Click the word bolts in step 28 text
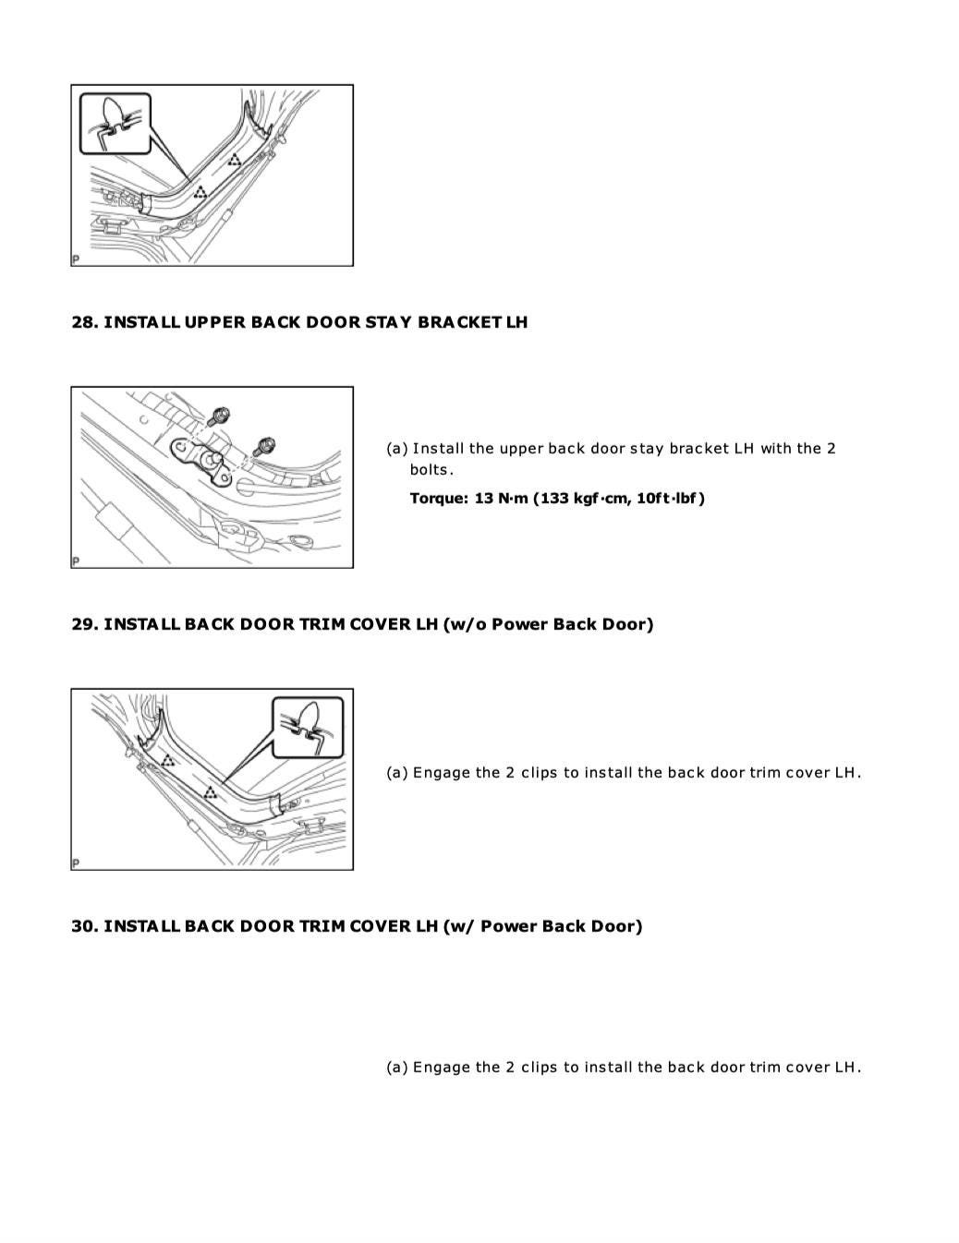pyautogui.click(x=430, y=470)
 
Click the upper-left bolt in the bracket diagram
pyautogui.click(x=220, y=416)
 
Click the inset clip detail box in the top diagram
pyautogui.click(x=115, y=123)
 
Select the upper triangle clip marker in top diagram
pyautogui.click(x=235, y=161)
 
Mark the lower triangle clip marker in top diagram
pyautogui.click(x=200, y=192)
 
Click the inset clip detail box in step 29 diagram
pyautogui.click(x=308, y=727)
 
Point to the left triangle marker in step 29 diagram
pyautogui.click(x=168, y=761)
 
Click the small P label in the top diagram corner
pyautogui.click(x=76, y=259)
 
